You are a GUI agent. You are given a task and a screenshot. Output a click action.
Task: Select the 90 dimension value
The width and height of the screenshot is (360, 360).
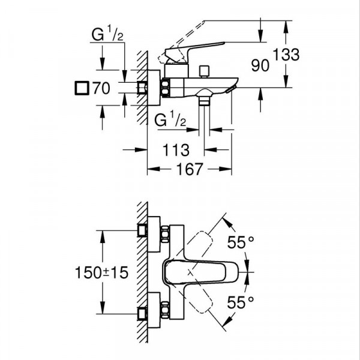tap(260, 66)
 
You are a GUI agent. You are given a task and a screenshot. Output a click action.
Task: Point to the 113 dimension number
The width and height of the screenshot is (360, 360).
tap(175, 148)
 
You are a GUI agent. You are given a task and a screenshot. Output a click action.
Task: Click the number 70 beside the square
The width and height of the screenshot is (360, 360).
tap(101, 88)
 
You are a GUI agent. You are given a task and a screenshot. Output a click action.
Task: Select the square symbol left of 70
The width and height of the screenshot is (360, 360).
tap(80, 88)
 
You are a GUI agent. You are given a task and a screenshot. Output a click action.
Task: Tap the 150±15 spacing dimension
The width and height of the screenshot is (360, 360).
tap(104, 272)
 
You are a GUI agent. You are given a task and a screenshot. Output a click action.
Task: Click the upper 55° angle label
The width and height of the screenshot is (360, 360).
tap(242, 243)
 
